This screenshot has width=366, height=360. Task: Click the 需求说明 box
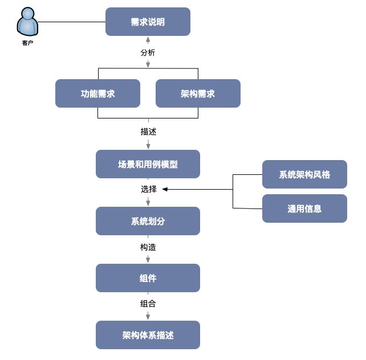pyautogui.click(x=148, y=22)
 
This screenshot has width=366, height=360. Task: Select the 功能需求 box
pyautogui.click(x=97, y=93)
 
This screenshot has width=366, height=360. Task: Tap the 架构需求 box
pyautogui.click(x=198, y=93)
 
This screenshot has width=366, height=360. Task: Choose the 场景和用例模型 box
pyautogui.click(x=148, y=164)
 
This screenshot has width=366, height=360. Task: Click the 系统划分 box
pyautogui.click(x=148, y=221)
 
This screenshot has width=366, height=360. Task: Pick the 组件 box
pyautogui.click(x=148, y=278)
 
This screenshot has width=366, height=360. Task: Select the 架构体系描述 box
pyautogui.click(x=148, y=335)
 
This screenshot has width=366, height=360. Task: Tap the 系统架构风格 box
pyautogui.click(x=304, y=174)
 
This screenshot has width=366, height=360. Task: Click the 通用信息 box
pyautogui.click(x=304, y=208)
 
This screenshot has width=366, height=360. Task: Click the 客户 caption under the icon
pyautogui.click(x=27, y=42)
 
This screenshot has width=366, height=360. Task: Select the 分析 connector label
pyautogui.click(x=148, y=52)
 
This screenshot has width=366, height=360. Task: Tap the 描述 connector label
pyautogui.click(x=148, y=132)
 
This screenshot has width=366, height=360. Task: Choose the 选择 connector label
pyautogui.click(x=148, y=189)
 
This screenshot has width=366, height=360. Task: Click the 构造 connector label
pyautogui.click(x=148, y=247)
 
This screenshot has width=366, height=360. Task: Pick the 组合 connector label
pyautogui.click(x=148, y=304)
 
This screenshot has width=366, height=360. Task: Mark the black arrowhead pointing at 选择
pyautogui.click(x=166, y=189)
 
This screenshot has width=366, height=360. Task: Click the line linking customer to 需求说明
pyautogui.click(x=72, y=22)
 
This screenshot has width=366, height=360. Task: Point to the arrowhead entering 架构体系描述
pyautogui.click(x=148, y=317)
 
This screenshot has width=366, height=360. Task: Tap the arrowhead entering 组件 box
pyautogui.click(x=148, y=260)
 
